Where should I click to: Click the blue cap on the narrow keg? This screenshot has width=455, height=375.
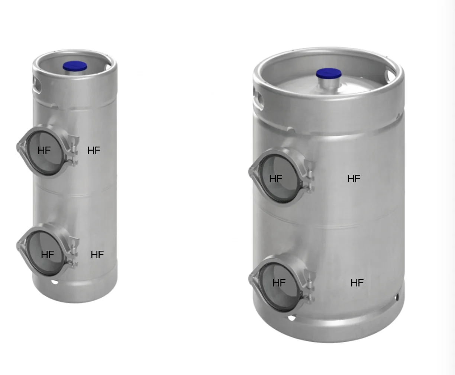tap(75, 66)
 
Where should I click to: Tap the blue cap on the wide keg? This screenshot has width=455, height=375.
tap(329, 74)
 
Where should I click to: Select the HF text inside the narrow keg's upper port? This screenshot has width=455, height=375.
tap(44, 151)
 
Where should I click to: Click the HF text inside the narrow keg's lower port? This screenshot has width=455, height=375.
tap(47, 255)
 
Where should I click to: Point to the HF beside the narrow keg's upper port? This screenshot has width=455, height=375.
tap(94, 151)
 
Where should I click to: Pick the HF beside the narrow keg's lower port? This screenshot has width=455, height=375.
tap(97, 255)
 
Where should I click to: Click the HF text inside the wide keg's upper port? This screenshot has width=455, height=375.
tap(275, 179)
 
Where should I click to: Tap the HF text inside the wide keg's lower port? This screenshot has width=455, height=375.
tap(279, 283)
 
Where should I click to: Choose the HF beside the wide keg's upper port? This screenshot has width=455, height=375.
tap(354, 179)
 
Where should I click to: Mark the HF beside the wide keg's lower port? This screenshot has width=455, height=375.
tap(357, 283)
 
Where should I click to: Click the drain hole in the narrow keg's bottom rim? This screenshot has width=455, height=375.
tap(55, 282)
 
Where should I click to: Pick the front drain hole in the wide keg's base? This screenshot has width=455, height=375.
tap(291, 318)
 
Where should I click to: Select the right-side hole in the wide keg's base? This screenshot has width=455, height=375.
tap(397, 297)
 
